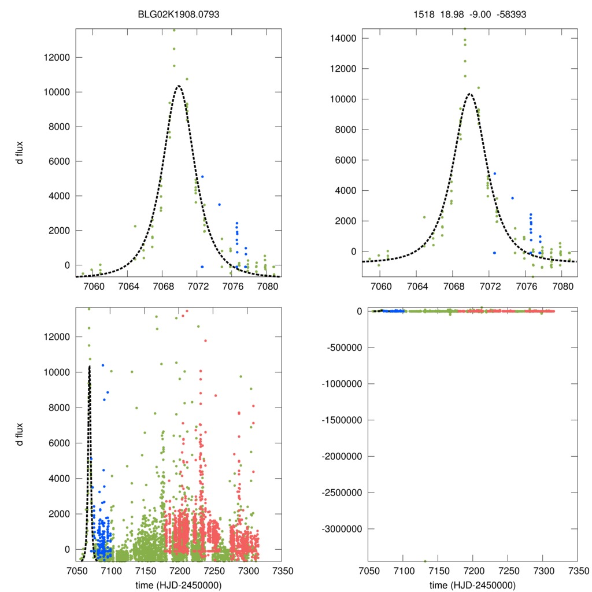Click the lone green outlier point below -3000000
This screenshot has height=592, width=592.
[425, 561]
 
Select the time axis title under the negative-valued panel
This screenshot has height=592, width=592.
[473, 585]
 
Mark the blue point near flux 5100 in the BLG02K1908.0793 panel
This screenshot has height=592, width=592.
[202, 176]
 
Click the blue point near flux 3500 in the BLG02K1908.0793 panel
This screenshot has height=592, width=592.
[219, 205]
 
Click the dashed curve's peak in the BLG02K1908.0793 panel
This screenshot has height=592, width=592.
[179, 86]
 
